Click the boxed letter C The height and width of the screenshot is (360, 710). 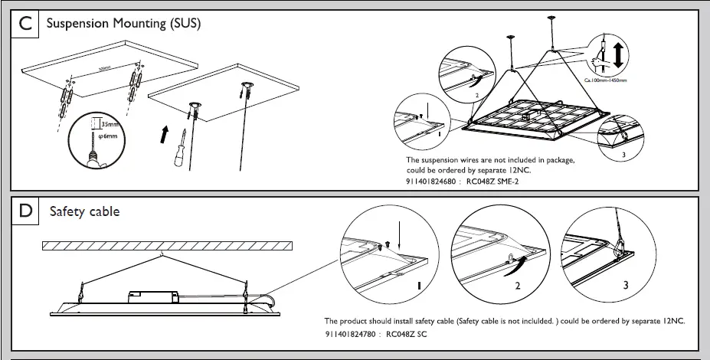click(27, 24)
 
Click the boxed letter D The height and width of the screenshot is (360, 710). click(27, 211)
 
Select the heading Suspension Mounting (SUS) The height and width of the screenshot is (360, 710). click(123, 24)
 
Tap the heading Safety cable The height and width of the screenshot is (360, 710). click(84, 211)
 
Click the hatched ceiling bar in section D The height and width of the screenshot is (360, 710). click(167, 246)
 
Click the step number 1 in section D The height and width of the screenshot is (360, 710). click(417, 285)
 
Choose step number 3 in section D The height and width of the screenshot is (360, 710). click(626, 286)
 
